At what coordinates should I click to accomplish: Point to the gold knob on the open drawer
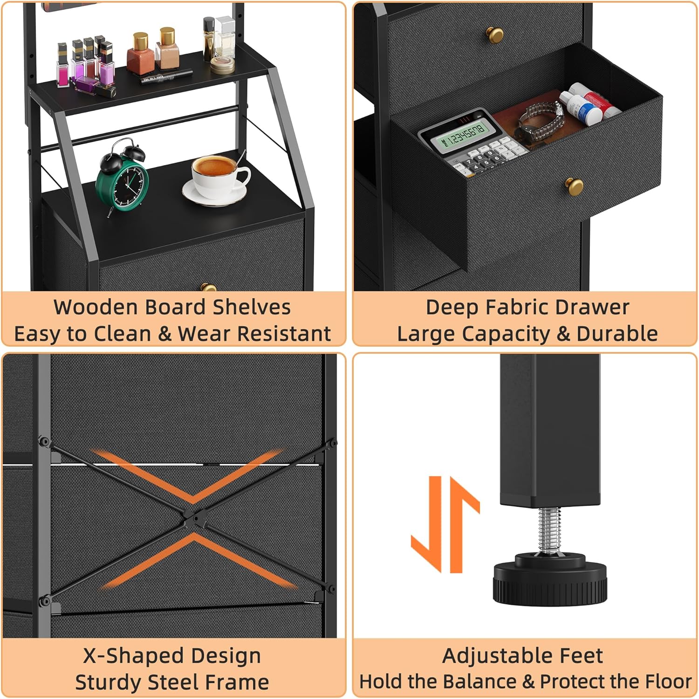(x=574, y=186)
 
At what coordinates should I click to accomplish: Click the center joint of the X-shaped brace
(x=192, y=518)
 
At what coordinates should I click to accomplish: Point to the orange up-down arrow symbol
(x=445, y=524)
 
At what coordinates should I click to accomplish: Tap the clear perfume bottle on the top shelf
(x=225, y=37)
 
